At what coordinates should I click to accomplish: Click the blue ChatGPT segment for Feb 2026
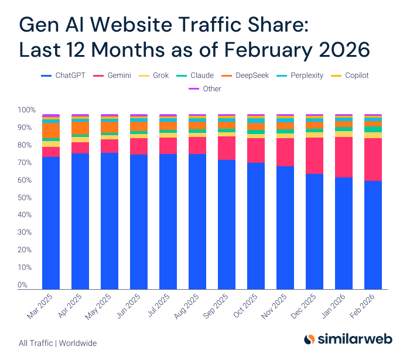[373, 234]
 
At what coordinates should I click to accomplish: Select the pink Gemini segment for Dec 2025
[315, 156]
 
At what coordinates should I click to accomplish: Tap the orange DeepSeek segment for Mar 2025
[51, 130]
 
